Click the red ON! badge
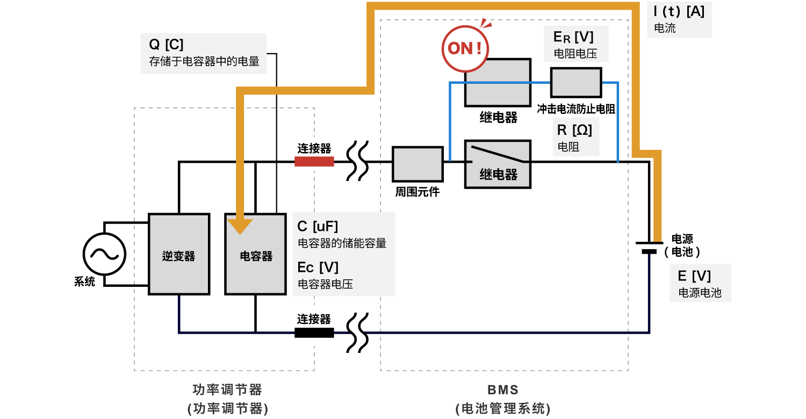coord(466,48)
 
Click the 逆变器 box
coord(178,254)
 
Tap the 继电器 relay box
coord(498,164)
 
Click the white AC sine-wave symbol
coord(104,254)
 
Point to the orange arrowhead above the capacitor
coord(240,226)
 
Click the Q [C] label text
coord(166,45)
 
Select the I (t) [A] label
coord(679,11)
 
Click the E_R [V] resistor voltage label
coord(573,38)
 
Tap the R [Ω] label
coord(574,130)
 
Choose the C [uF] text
coord(318,227)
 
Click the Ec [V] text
coord(318,268)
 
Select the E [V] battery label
coord(694,276)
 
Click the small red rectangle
coord(314,162)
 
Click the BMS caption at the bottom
coord(503,389)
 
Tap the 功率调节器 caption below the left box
coord(227,389)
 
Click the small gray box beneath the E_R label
coord(576,83)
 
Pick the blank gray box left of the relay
coord(418,164)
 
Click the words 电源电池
coord(700,293)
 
